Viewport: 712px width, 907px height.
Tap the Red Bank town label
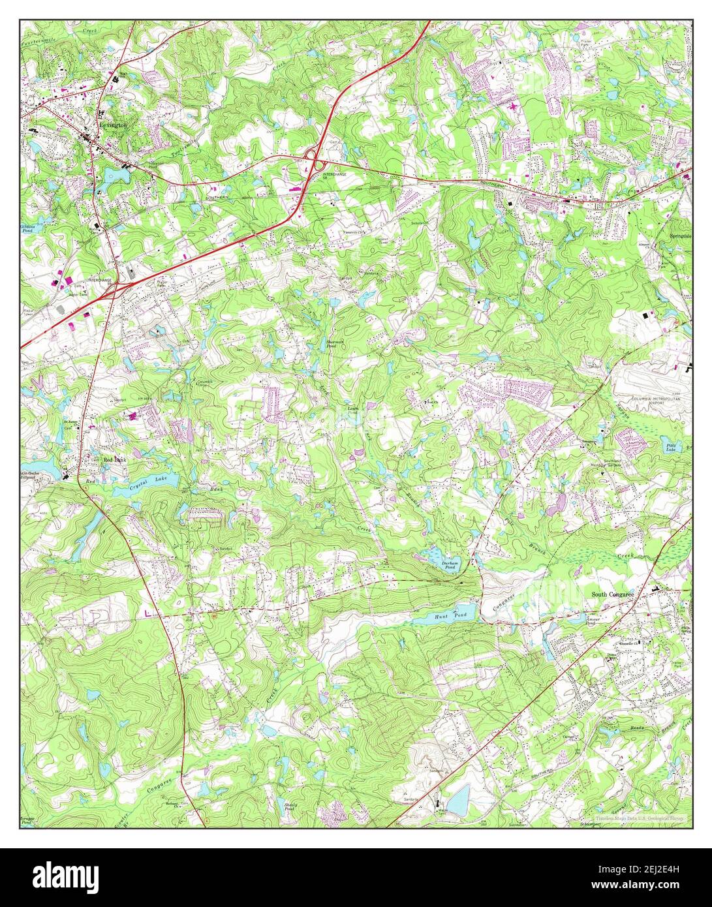(x=115, y=459)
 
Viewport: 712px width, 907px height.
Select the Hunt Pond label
(x=450, y=615)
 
